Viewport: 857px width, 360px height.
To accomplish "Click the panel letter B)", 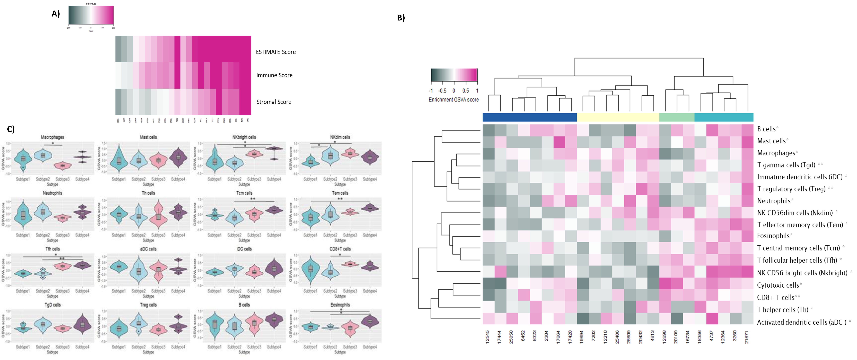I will [401, 18].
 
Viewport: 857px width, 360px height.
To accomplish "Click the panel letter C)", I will [11, 129].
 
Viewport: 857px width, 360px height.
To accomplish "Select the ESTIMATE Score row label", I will [275, 52].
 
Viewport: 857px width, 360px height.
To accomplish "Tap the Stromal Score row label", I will [274, 102].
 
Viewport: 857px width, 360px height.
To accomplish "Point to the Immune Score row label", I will [274, 75].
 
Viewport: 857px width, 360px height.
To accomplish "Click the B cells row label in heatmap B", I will [766, 129].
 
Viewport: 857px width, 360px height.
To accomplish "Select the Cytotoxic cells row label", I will [778, 285].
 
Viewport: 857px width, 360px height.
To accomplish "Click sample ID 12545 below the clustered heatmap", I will [488, 337].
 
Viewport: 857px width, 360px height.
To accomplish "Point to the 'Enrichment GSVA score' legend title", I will [454, 100].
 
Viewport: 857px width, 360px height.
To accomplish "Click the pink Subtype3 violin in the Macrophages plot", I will [63, 165].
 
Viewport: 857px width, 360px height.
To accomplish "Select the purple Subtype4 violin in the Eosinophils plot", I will [370, 321].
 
